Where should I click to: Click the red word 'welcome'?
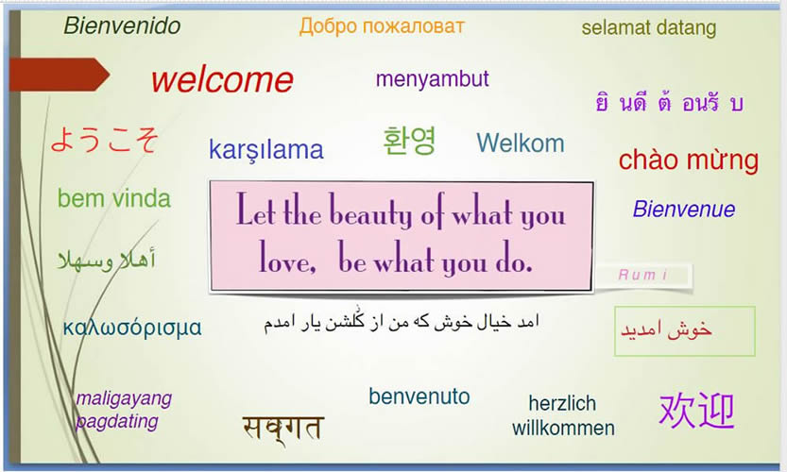point(222,80)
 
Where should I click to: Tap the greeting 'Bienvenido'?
point(122,26)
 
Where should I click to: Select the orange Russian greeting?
point(382,26)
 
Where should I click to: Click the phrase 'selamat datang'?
point(648,28)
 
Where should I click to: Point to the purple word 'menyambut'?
point(432,79)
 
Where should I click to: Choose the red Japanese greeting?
point(104,140)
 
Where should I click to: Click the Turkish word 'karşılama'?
point(266,150)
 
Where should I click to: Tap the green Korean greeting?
point(409,141)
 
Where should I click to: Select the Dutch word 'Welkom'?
point(521,143)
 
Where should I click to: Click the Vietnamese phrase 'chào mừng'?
point(689,160)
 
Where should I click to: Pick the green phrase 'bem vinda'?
point(114,198)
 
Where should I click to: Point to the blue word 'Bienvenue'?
point(684,210)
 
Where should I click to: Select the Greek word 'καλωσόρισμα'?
point(132,328)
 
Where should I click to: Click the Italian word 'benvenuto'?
point(419,396)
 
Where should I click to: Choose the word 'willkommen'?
point(563,428)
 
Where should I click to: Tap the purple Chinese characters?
point(696,411)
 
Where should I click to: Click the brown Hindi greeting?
point(282,430)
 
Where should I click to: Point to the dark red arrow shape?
point(60,75)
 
